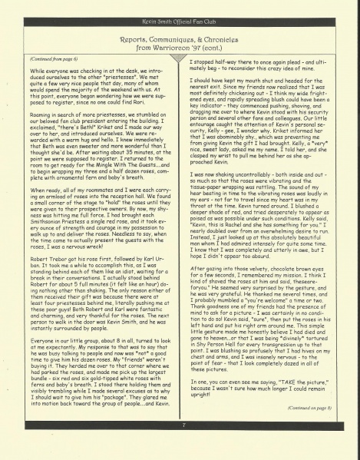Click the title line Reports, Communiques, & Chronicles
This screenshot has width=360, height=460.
180,36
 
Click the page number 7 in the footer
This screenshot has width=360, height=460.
180,444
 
